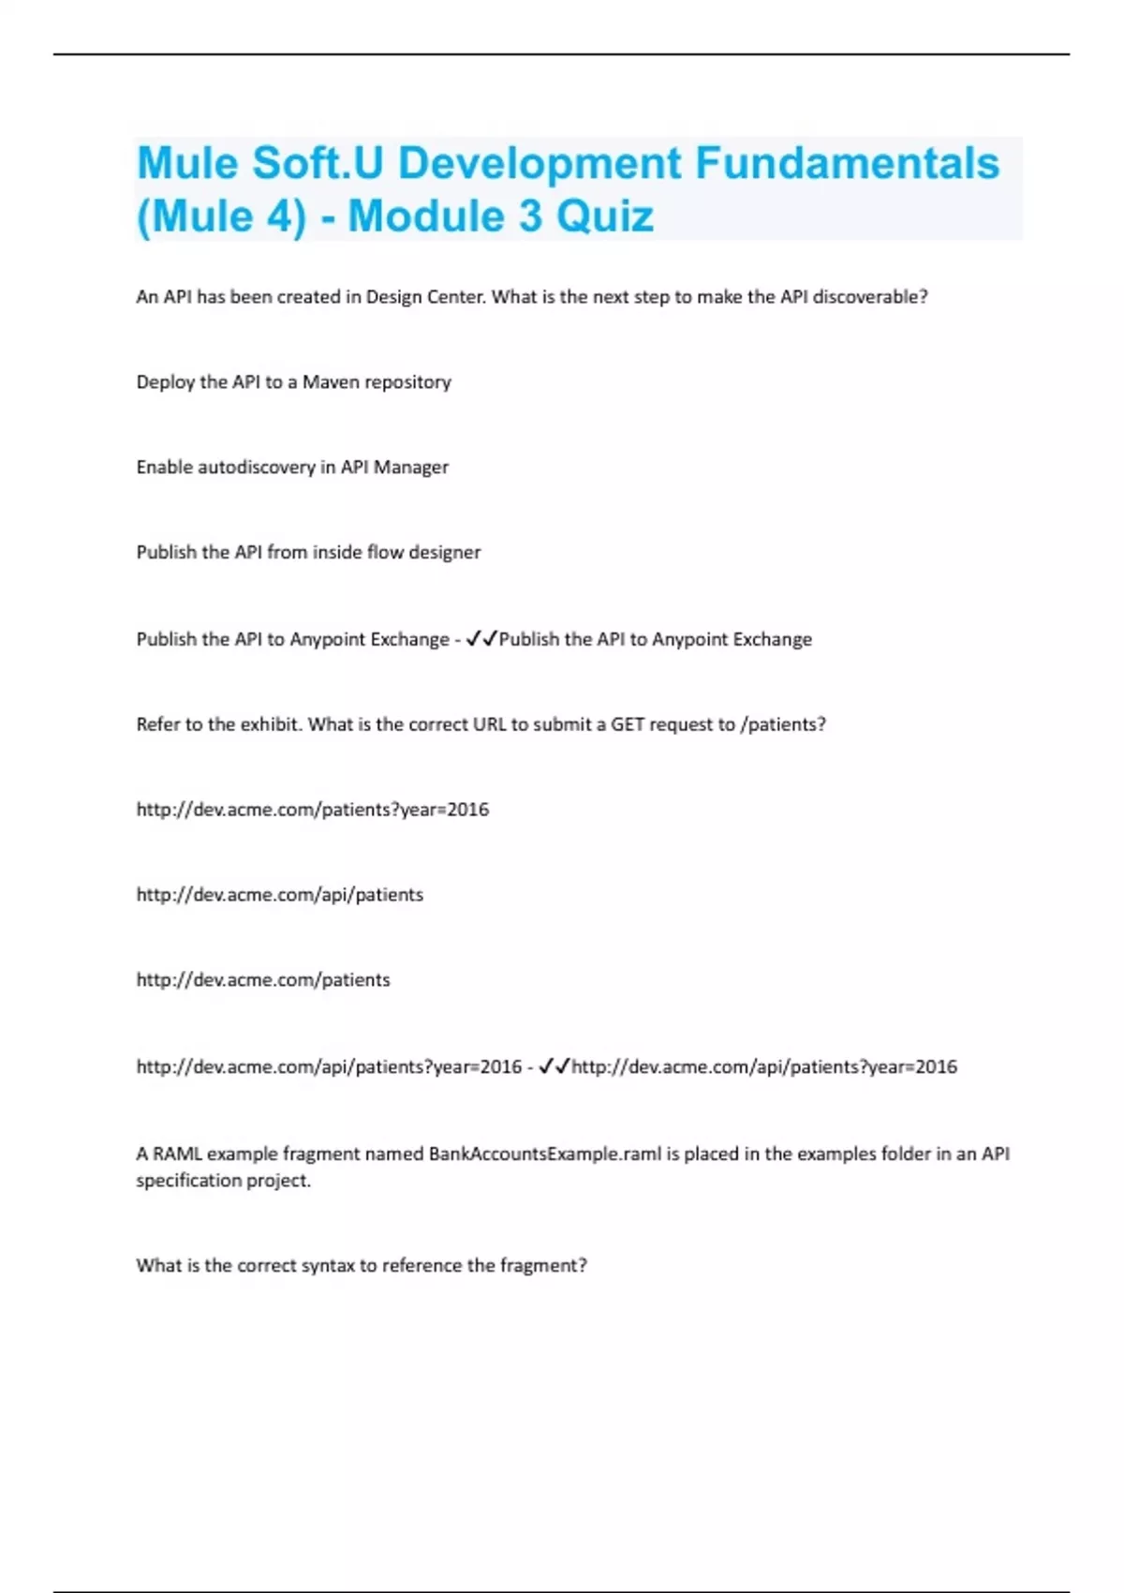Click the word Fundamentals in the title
(847, 163)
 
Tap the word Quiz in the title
(605, 216)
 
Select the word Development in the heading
(540, 163)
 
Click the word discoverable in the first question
(870, 297)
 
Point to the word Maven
(331, 382)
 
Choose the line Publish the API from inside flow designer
(308, 553)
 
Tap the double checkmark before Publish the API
(481, 639)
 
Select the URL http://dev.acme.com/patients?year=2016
(312, 810)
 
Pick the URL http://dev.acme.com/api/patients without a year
(279, 895)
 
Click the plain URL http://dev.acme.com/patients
(262, 980)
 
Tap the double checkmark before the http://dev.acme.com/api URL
(554, 1066)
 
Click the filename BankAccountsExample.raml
(545, 1154)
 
